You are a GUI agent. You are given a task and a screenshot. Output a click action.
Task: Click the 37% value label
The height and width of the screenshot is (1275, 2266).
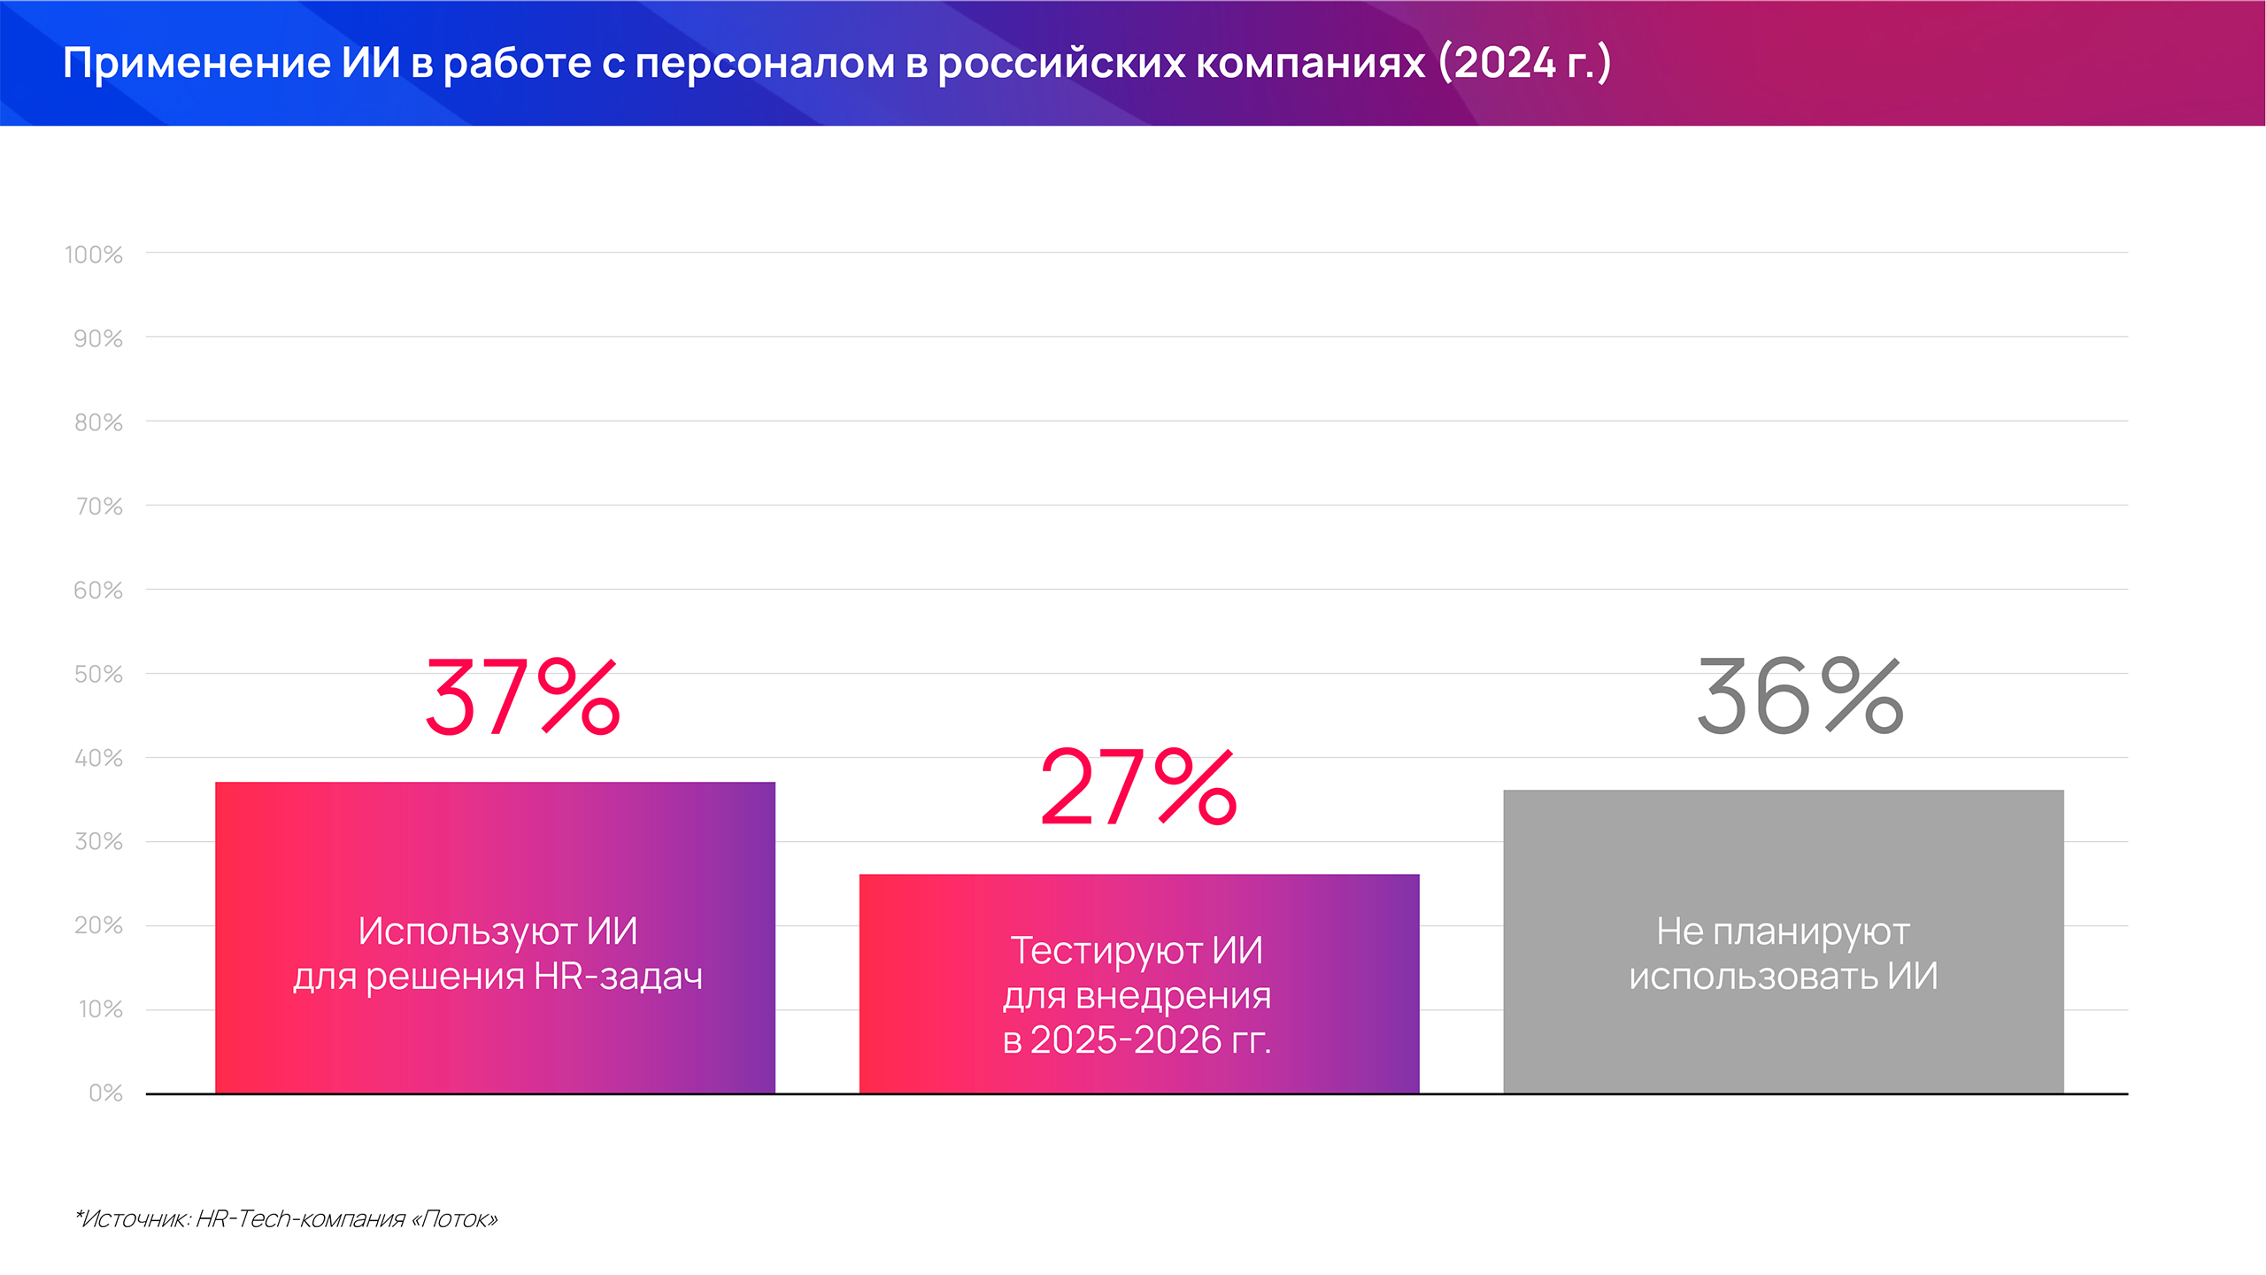click(522, 698)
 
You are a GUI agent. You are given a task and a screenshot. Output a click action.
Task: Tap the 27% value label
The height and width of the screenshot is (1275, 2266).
click(1137, 787)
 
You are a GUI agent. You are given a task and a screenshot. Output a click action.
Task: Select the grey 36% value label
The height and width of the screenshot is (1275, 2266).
click(1799, 698)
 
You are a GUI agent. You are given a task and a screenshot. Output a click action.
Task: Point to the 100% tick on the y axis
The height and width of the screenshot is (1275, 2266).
click(94, 255)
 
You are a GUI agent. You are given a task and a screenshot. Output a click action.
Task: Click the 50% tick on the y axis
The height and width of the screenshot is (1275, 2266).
click(98, 675)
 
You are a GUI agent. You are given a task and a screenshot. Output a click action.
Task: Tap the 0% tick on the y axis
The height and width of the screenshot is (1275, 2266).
click(105, 1093)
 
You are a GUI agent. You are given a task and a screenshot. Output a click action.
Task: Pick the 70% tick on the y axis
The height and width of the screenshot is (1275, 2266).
click(99, 506)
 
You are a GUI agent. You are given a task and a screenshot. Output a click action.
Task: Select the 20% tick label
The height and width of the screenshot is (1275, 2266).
click(98, 926)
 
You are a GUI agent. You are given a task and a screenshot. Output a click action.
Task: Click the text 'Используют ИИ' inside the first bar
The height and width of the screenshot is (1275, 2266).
click(497, 931)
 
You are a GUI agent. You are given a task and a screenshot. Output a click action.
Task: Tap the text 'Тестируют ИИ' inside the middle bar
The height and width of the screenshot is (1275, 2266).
click(1137, 951)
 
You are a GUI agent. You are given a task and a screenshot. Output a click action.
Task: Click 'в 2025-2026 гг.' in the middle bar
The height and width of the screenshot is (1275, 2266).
click(1137, 1040)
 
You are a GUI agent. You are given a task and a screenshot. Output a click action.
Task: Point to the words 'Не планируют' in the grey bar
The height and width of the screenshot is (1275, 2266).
click(1783, 931)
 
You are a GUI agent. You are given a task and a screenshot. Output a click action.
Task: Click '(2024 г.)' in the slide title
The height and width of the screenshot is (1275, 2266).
click(1524, 64)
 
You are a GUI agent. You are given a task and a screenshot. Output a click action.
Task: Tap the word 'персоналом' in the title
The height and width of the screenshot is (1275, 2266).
click(765, 64)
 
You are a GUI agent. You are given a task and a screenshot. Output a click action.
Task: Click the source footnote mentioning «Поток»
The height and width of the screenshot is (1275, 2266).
click(287, 1219)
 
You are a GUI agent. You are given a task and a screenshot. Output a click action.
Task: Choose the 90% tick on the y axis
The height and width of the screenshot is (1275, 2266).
click(98, 339)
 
